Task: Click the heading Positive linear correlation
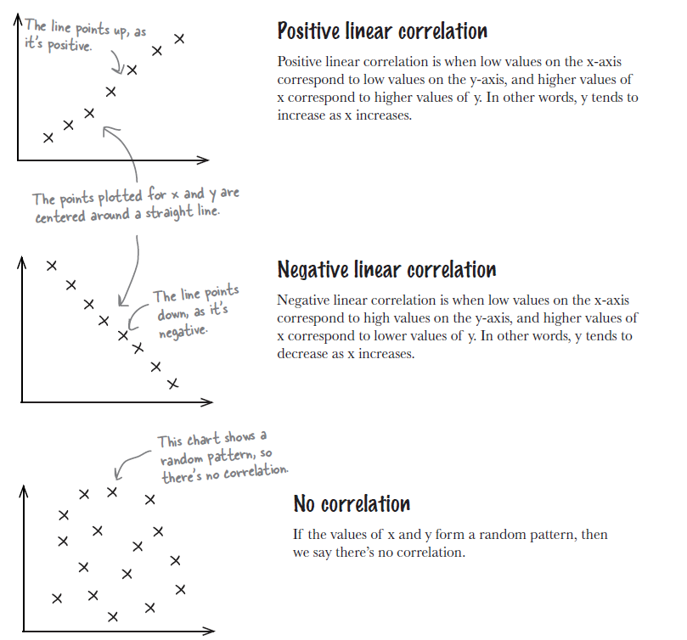[382, 32]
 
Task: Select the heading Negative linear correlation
[386, 270]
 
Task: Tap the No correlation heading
[352, 504]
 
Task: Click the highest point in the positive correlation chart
[178, 38]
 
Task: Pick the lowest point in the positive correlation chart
[48, 138]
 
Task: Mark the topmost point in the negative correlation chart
[51, 266]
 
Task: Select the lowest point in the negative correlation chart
[173, 384]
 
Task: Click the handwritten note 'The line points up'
[85, 34]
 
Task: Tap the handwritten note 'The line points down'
[197, 311]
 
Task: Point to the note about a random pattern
[222, 455]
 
